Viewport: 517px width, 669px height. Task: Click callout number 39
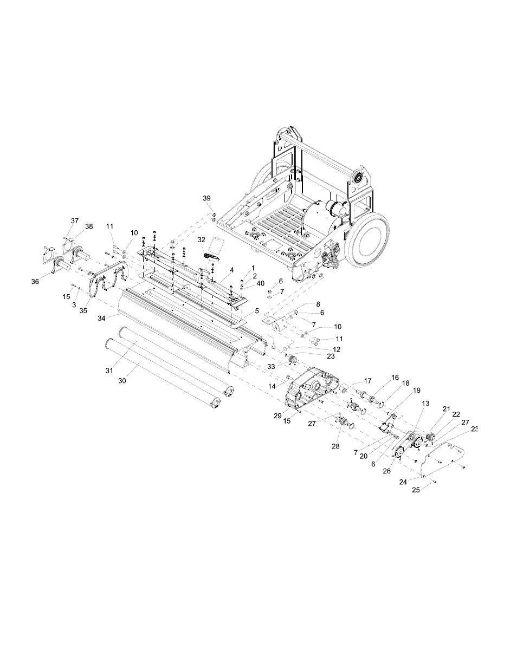[207, 198]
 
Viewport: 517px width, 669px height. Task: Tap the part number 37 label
[74, 221]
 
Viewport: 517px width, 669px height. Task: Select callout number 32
[202, 239]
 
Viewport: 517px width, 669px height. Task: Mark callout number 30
[122, 381]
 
